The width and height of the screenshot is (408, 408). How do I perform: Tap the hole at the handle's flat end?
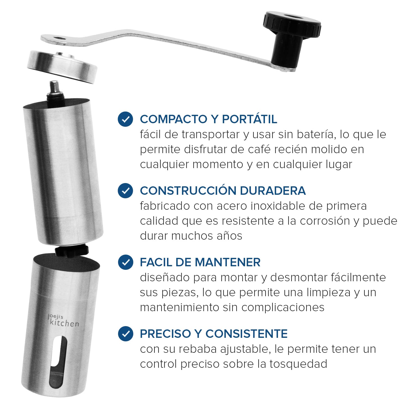tap(58, 38)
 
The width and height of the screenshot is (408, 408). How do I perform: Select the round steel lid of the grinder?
tap(62, 66)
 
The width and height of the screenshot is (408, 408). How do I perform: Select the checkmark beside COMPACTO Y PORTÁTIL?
tap(125, 119)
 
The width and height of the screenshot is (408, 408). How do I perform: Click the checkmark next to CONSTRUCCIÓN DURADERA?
tap(125, 190)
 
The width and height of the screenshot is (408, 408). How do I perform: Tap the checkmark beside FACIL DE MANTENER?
tap(125, 262)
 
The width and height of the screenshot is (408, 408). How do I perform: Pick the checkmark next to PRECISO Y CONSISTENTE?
tap(125, 333)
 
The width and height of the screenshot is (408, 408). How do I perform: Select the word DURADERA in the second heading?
tap(273, 190)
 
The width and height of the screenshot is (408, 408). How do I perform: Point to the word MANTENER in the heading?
tap(228, 262)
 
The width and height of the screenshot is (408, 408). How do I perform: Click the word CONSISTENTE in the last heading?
tap(246, 334)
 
